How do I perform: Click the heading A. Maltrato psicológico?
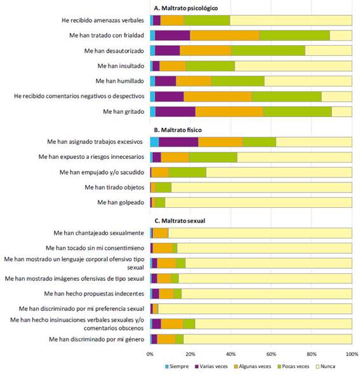185,8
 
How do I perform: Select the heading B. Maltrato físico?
178,130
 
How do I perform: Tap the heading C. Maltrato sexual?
180,221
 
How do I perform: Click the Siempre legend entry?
177,366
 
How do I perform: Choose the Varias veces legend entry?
211,366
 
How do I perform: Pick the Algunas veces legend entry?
253,366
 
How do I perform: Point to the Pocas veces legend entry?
293,366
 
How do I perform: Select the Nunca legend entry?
326,366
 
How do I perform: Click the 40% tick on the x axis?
230,354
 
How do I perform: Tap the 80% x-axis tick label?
311,354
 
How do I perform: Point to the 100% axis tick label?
352,354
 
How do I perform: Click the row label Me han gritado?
124,111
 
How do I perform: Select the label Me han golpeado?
121,202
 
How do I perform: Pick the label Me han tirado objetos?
114,187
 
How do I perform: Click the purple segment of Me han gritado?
175,112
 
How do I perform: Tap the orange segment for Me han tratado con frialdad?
225,36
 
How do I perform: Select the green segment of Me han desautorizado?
268,51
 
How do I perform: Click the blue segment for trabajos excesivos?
154,142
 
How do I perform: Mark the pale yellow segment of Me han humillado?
308,81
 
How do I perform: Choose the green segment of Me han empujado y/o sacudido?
187,172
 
